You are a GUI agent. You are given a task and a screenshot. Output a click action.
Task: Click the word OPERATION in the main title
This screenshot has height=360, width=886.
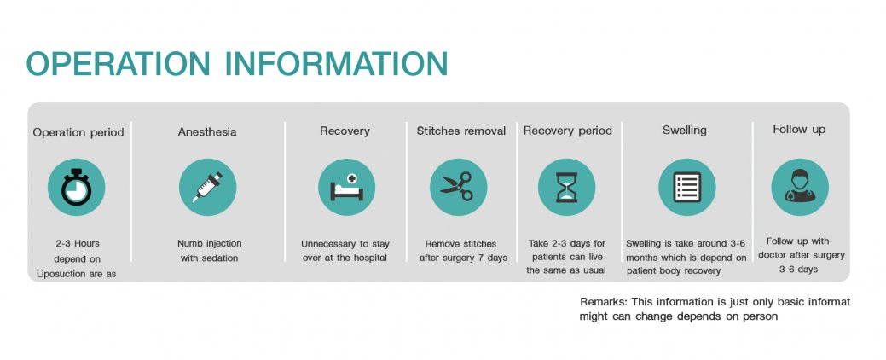tap(118, 63)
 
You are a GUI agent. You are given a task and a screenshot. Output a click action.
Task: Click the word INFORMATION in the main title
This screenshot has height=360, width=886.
tap(337, 63)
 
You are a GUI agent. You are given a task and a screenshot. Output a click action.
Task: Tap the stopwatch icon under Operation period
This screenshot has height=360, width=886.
tap(76, 187)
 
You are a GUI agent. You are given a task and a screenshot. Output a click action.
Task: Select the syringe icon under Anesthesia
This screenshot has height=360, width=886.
tap(207, 187)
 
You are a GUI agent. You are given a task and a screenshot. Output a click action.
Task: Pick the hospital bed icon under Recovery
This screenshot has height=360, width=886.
tap(346, 187)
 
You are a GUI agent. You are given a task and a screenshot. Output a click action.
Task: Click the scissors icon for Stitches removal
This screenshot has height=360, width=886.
tap(458, 187)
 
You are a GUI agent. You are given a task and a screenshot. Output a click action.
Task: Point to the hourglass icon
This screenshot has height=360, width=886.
tap(567, 187)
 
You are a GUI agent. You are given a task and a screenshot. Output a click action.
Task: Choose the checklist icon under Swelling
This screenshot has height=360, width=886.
tap(687, 187)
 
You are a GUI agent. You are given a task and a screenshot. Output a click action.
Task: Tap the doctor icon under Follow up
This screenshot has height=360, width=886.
tap(800, 187)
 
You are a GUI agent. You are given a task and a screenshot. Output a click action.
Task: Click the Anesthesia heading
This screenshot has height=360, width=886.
tap(207, 132)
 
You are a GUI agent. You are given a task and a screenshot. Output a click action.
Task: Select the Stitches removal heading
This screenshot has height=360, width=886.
tap(461, 131)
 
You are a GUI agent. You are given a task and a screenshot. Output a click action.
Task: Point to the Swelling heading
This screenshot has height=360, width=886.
tap(684, 131)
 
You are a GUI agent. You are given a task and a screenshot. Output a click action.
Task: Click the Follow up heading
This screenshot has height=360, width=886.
tap(799, 130)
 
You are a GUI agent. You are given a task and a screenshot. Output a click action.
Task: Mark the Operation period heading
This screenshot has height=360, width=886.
tap(78, 132)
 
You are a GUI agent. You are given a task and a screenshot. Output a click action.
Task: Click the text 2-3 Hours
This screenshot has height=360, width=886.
tap(78, 244)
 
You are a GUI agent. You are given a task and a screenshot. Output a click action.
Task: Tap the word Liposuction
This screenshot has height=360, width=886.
tap(62, 274)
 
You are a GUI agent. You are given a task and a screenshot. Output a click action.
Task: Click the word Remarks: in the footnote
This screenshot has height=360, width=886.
tap(603, 302)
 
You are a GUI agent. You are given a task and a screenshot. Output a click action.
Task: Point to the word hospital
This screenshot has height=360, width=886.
tap(368, 258)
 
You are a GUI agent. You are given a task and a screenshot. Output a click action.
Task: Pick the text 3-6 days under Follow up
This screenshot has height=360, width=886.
tap(798, 270)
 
